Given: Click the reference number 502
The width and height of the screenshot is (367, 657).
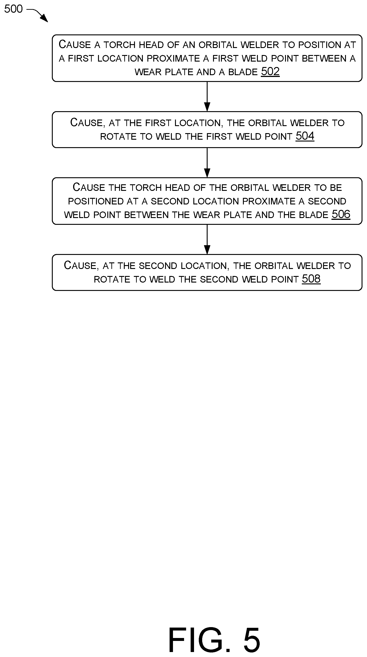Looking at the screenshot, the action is coord(270,72).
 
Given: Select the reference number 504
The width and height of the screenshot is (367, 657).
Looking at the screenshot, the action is coord(305,136).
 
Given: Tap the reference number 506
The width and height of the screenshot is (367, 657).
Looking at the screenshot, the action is coord(341,214).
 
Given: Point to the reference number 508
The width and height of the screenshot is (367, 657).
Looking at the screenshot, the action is coord(311,279).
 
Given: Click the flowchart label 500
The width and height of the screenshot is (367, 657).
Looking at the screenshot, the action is coord(14,9).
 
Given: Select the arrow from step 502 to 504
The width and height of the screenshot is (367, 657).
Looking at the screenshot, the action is coord(207,96).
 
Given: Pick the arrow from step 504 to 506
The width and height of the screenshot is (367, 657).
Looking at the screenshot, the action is coord(207,163).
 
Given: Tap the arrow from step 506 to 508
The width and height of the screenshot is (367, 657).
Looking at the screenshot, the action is coord(207,239).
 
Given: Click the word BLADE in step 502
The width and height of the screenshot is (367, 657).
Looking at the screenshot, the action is coord(243,72).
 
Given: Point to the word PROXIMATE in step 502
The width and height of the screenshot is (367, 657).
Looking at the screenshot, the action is coord(173,59).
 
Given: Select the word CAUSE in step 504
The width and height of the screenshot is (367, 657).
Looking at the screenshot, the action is coord(86,123).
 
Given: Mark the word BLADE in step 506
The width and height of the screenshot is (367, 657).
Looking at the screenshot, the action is coord(313,215).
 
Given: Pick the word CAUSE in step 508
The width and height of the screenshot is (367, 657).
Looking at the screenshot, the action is coord(80,266).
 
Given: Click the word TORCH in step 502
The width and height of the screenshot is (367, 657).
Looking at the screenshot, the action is coord(119,45).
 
